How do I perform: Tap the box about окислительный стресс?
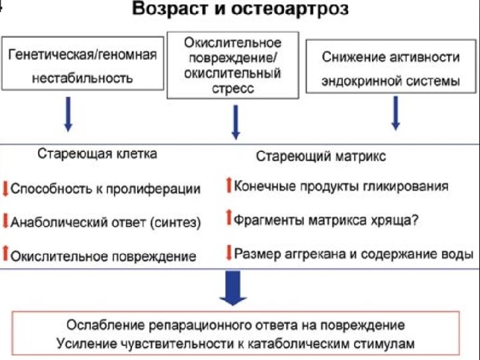click(x=232, y=65)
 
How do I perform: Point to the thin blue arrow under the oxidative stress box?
click(x=235, y=121)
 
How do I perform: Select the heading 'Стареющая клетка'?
click(x=97, y=154)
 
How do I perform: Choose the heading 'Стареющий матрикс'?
click(x=321, y=157)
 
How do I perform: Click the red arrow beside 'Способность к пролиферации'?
click(x=5, y=188)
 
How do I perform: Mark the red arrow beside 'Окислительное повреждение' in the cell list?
click(x=5, y=254)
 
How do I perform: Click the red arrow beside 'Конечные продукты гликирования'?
click(x=228, y=185)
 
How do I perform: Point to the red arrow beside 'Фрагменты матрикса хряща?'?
click(x=228, y=218)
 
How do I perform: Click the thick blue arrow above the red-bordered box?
click(x=233, y=291)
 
